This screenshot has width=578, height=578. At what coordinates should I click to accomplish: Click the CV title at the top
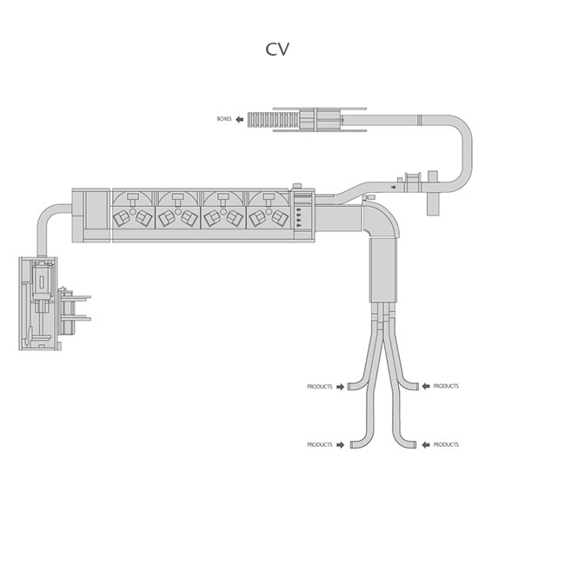coord(277,50)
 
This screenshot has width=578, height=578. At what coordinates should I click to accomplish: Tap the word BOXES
coord(224,118)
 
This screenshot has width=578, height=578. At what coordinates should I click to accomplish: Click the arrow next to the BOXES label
coord(239,118)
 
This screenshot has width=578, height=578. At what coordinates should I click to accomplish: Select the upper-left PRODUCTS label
coord(319,386)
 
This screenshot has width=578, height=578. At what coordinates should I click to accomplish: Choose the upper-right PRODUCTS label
coord(446,386)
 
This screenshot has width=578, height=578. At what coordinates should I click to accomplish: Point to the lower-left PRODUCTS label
coord(319,444)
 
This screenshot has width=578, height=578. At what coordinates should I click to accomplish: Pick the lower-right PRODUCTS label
coord(446,444)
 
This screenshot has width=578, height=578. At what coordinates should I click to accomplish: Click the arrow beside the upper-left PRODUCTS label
coord(340,386)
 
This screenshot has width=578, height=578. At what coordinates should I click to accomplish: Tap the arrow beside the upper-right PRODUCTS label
coord(425,386)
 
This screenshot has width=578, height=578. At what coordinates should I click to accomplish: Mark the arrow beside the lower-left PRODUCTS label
coord(340,444)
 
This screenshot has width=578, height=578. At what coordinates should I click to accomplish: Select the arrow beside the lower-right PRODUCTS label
coord(425,444)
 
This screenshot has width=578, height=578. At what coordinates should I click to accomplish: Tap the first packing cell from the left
coord(133,211)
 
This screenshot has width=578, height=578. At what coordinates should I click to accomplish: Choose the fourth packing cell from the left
coord(269,211)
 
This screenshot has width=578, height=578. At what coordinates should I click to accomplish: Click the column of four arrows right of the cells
coord(301,216)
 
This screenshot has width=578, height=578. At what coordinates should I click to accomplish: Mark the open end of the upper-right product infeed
coord(415,386)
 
